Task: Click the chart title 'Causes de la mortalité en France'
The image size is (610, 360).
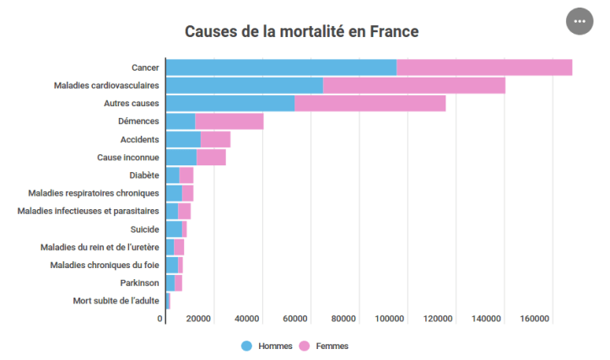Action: point(301,32)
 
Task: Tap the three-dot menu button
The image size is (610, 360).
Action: point(580,21)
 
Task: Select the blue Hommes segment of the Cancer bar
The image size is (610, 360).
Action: point(281,67)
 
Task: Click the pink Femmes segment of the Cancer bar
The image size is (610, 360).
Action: point(484,67)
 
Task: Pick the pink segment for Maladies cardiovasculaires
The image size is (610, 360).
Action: point(413,85)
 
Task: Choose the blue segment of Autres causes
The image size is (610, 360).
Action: point(229,104)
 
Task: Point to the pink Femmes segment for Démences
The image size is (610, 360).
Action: point(229,121)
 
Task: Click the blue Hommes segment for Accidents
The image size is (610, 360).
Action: point(182,139)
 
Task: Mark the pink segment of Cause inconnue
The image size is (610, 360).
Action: point(211,157)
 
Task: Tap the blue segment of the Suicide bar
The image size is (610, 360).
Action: point(174,228)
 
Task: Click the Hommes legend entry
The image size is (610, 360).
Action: point(267,346)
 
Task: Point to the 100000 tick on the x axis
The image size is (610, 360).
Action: point(391,319)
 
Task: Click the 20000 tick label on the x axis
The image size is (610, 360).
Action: point(198,319)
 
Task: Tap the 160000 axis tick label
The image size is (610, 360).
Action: point(535,319)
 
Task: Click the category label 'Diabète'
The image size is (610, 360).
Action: point(144,175)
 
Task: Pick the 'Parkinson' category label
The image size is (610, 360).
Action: point(138,282)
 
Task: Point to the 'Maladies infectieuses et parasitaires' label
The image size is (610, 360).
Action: point(88,211)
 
